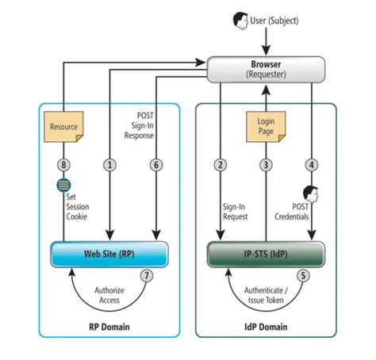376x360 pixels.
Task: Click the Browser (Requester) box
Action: coord(266,69)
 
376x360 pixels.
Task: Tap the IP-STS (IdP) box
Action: coord(266,255)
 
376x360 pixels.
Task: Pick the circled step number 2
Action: coord(220,165)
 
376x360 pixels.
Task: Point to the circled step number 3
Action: coord(266,165)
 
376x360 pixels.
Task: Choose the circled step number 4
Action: coord(312,165)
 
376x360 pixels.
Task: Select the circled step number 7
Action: coord(145,276)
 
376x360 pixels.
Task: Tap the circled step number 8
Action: coord(61,165)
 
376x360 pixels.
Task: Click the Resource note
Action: coord(63,126)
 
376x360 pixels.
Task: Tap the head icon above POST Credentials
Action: coord(311,193)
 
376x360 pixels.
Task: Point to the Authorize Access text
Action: coord(109,294)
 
